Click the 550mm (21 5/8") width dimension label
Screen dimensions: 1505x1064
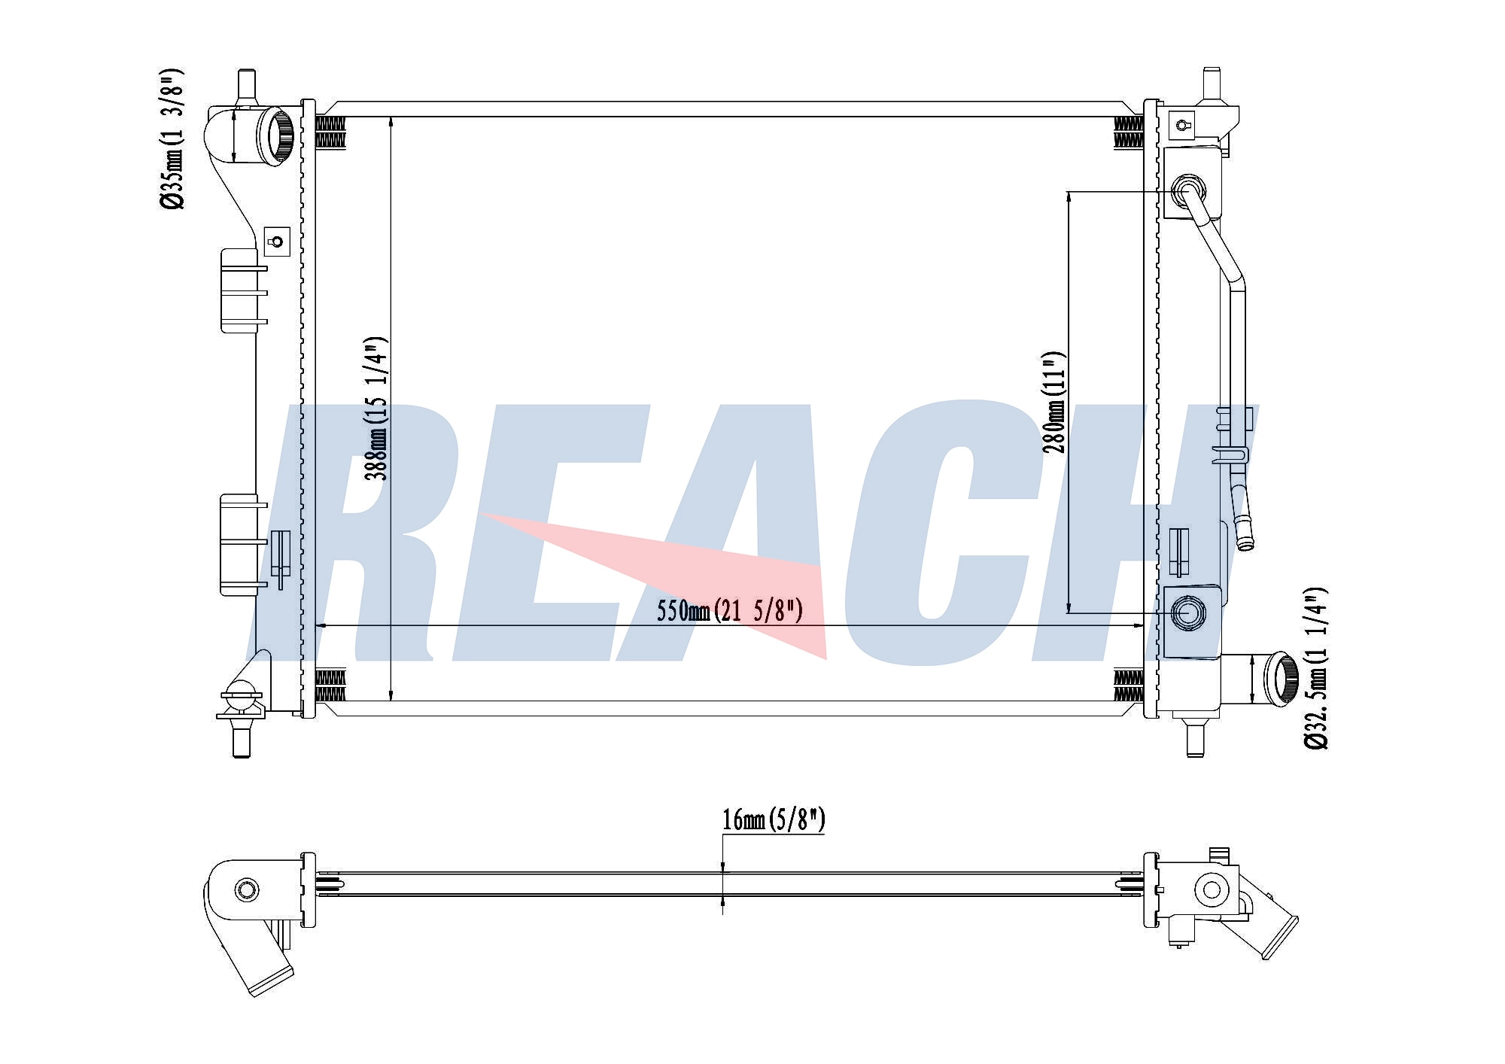point(729,610)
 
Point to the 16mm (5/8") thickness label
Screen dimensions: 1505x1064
point(774,819)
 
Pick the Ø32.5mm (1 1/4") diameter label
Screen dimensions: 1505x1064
point(1316,668)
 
